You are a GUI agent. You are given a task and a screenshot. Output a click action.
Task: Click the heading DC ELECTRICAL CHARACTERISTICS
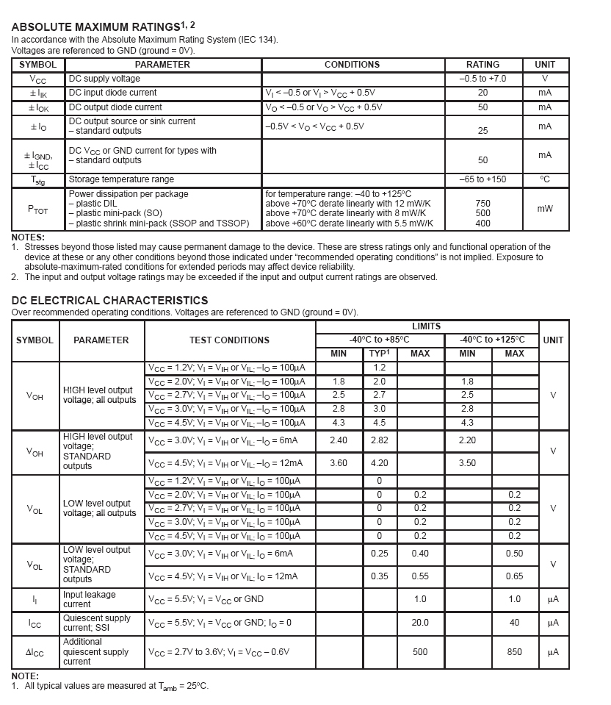coord(109,300)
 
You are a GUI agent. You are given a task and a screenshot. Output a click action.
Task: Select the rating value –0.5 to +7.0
coord(482,79)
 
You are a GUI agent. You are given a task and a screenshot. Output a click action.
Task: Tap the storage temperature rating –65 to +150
coord(482,179)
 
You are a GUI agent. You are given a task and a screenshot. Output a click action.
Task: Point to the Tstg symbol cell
coord(38,180)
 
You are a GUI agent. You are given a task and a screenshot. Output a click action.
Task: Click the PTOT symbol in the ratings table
coord(38,210)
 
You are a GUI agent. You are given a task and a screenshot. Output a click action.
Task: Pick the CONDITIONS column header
coord(352,65)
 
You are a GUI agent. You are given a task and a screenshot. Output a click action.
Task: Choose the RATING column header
coord(482,65)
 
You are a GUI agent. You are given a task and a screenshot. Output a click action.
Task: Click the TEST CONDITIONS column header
coord(229,340)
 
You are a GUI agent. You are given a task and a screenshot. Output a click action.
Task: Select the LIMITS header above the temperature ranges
coord(426,326)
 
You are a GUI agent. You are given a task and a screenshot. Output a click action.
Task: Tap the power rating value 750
coord(482,204)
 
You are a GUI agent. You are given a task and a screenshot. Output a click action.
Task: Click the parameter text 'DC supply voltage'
coord(104,79)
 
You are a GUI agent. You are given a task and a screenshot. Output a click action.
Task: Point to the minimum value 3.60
coord(339,463)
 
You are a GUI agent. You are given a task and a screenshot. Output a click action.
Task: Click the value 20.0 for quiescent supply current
coord(420,623)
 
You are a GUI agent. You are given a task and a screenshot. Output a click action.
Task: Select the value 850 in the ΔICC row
coord(514,652)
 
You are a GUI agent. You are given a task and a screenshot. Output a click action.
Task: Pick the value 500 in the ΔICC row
coord(420,652)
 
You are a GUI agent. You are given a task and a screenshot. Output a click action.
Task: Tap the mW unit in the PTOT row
coord(544,209)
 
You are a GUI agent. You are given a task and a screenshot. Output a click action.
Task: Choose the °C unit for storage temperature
coord(544,179)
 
